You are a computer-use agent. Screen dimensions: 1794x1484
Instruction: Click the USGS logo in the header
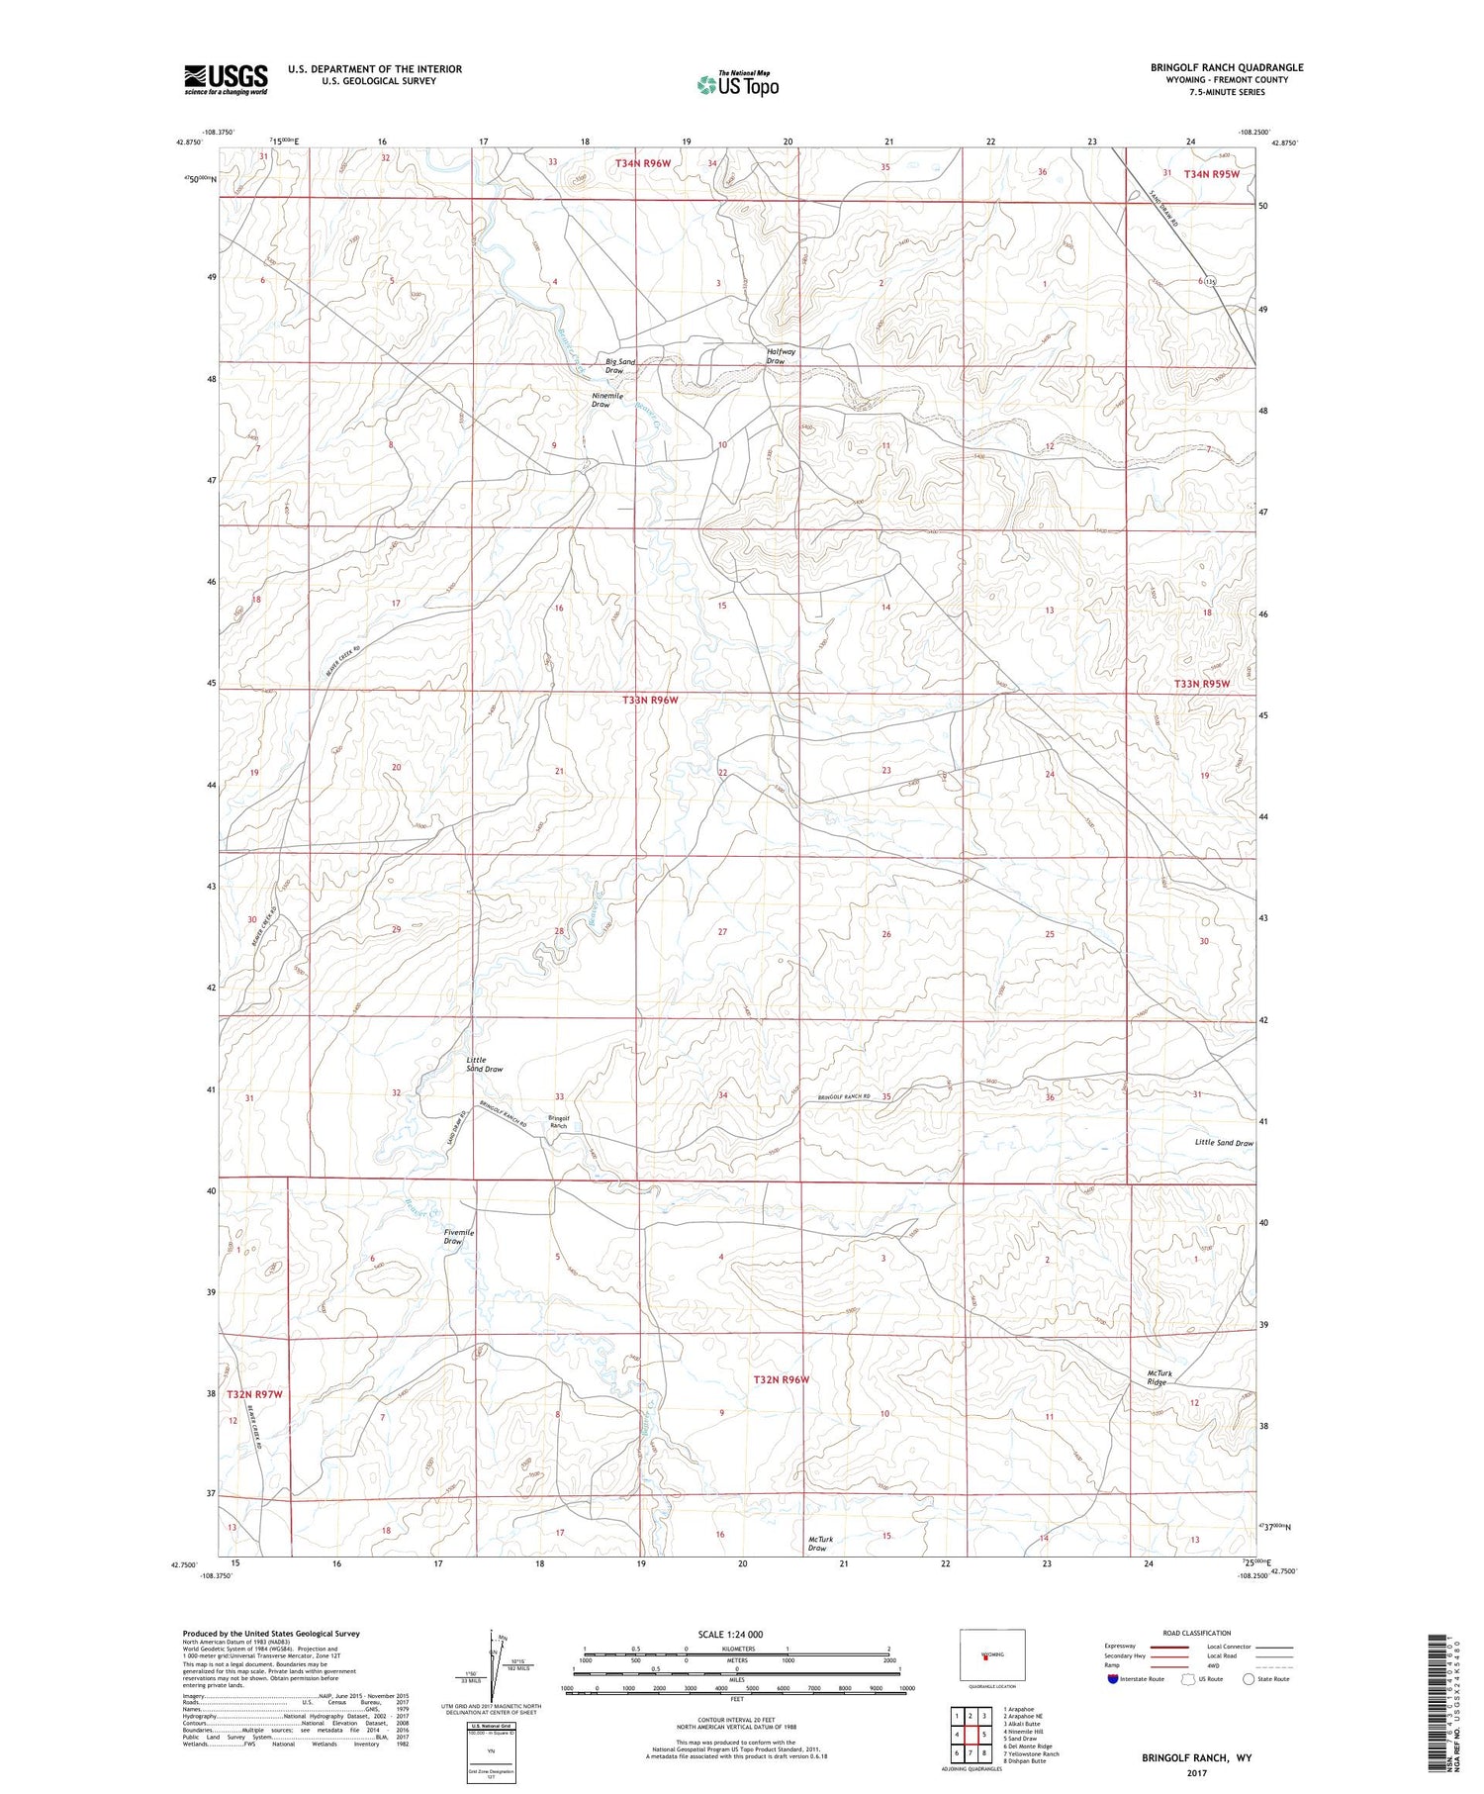(226, 79)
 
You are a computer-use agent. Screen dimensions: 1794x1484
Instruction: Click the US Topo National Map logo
(738, 85)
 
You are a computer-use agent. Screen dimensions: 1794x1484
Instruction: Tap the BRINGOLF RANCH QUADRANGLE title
(1227, 67)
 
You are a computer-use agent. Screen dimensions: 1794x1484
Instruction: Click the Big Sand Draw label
(619, 366)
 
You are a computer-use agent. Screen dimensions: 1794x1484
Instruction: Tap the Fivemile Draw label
(458, 1236)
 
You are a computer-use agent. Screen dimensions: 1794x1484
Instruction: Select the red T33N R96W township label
(650, 700)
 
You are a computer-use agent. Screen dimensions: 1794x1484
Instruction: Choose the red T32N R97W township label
(254, 1394)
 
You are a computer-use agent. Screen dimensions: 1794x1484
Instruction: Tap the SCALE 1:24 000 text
(736, 1634)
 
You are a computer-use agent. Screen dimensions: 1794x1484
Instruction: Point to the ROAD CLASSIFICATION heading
(1197, 1633)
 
